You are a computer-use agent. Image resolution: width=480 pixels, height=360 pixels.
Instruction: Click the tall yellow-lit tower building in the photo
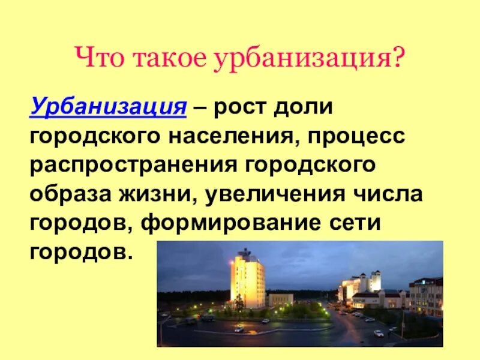(x=247, y=278)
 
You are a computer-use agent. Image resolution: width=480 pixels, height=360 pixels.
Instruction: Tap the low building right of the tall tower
(x=280, y=299)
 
